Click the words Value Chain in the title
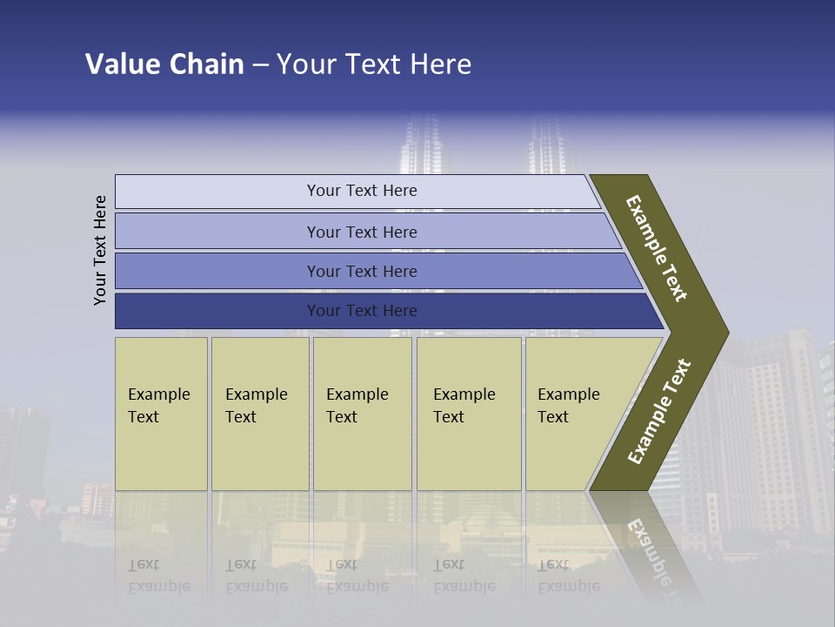[164, 64]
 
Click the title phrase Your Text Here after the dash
[374, 64]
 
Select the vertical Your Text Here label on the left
[100, 250]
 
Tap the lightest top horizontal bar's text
[362, 191]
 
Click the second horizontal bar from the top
[362, 232]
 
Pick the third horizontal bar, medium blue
[362, 272]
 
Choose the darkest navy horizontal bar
[362, 311]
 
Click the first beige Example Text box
[161, 414]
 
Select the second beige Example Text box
[259, 414]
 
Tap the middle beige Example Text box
[362, 414]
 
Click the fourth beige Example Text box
[468, 414]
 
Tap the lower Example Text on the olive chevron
[659, 411]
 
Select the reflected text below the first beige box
[158, 576]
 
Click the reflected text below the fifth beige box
[568, 576]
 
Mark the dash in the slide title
[260, 65]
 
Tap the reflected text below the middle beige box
[357, 576]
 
